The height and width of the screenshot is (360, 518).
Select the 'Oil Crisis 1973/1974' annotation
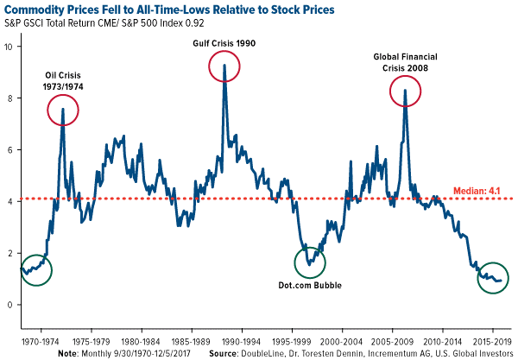coord(63,80)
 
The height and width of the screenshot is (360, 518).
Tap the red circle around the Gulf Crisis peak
coord(224,68)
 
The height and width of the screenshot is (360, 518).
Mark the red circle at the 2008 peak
coord(405,91)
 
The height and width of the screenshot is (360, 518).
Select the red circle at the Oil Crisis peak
coord(63,110)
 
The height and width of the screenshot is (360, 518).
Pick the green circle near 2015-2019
coord(494,278)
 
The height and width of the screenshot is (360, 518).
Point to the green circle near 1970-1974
coord(35,270)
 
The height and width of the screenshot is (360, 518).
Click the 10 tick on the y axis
coord(9,46)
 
